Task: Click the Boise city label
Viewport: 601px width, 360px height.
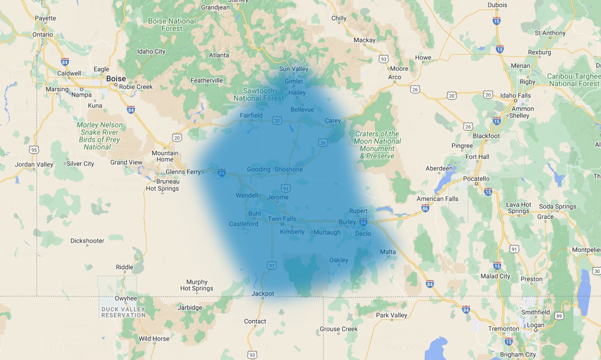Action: click(116, 79)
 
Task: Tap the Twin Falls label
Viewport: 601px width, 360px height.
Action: click(282, 219)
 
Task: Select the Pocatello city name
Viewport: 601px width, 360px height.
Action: click(476, 178)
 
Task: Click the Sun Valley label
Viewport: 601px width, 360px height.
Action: click(294, 69)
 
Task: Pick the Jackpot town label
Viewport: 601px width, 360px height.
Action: click(263, 294)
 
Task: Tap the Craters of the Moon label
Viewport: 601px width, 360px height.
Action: click(377, 145)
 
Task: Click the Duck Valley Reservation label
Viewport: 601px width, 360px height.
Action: click(123, 312)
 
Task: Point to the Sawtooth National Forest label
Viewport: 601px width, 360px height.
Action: click(259, 94)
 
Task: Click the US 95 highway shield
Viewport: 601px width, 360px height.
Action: click(34, 150)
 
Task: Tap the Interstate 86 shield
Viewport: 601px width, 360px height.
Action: click(425, 208)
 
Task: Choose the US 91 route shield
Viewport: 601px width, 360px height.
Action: click(514, 249)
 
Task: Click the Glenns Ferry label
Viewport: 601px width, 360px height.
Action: click(183, 172)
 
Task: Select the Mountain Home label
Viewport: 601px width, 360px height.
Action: click(165, 156)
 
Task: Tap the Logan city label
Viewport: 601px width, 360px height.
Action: click(535, 325)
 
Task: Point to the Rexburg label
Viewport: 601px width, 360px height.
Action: click(539, 52)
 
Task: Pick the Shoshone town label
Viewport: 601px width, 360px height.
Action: click(288, 170)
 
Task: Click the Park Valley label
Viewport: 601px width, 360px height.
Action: click(391, 315)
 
